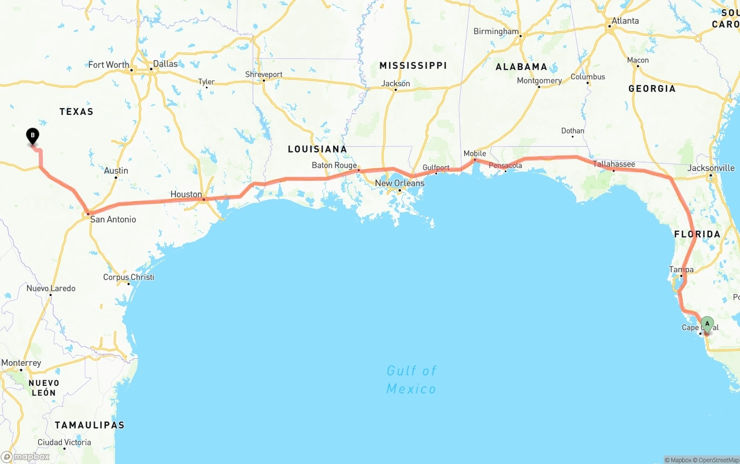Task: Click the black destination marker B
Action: click(33, 136)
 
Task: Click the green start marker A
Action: click(707, 324)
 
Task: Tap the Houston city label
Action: click(186, 194)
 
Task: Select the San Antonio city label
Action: click(113, 219)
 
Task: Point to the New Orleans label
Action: click(399, 183)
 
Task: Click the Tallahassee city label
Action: click(614, 164)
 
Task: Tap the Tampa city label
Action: click(681, 269)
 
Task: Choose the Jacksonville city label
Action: click(711, 168)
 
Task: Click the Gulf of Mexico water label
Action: click(411, 379)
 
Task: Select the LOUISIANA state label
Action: click(317, 149)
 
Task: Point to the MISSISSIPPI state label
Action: click(413, 65)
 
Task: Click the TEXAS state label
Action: click(76, 112)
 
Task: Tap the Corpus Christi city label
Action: click(128, 277)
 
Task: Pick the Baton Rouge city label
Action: click(334, 165)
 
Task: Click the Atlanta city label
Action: click(626, 21)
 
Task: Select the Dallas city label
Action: click(165, 64)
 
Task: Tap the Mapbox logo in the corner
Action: click(25, 456)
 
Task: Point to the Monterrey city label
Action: click(21, 363)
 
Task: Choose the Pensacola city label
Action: click(505, 165)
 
